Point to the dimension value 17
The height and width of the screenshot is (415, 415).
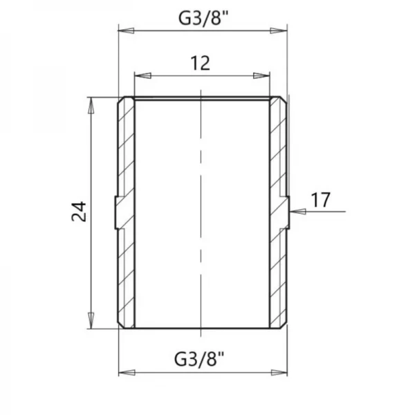320,201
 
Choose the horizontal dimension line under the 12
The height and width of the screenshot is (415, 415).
201,75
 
